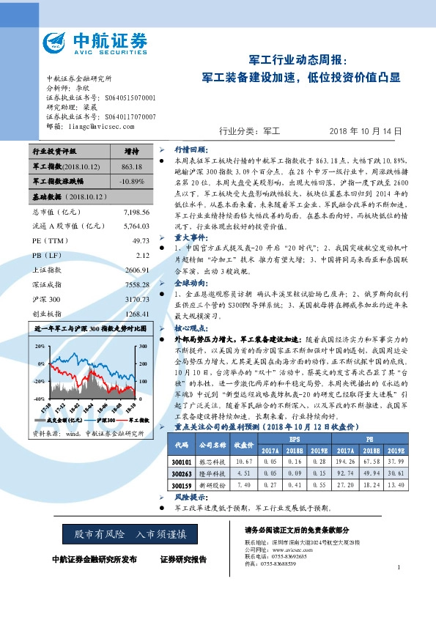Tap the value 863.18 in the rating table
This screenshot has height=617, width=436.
132,167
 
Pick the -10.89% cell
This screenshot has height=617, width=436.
132,181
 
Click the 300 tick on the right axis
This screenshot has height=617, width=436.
141,344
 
